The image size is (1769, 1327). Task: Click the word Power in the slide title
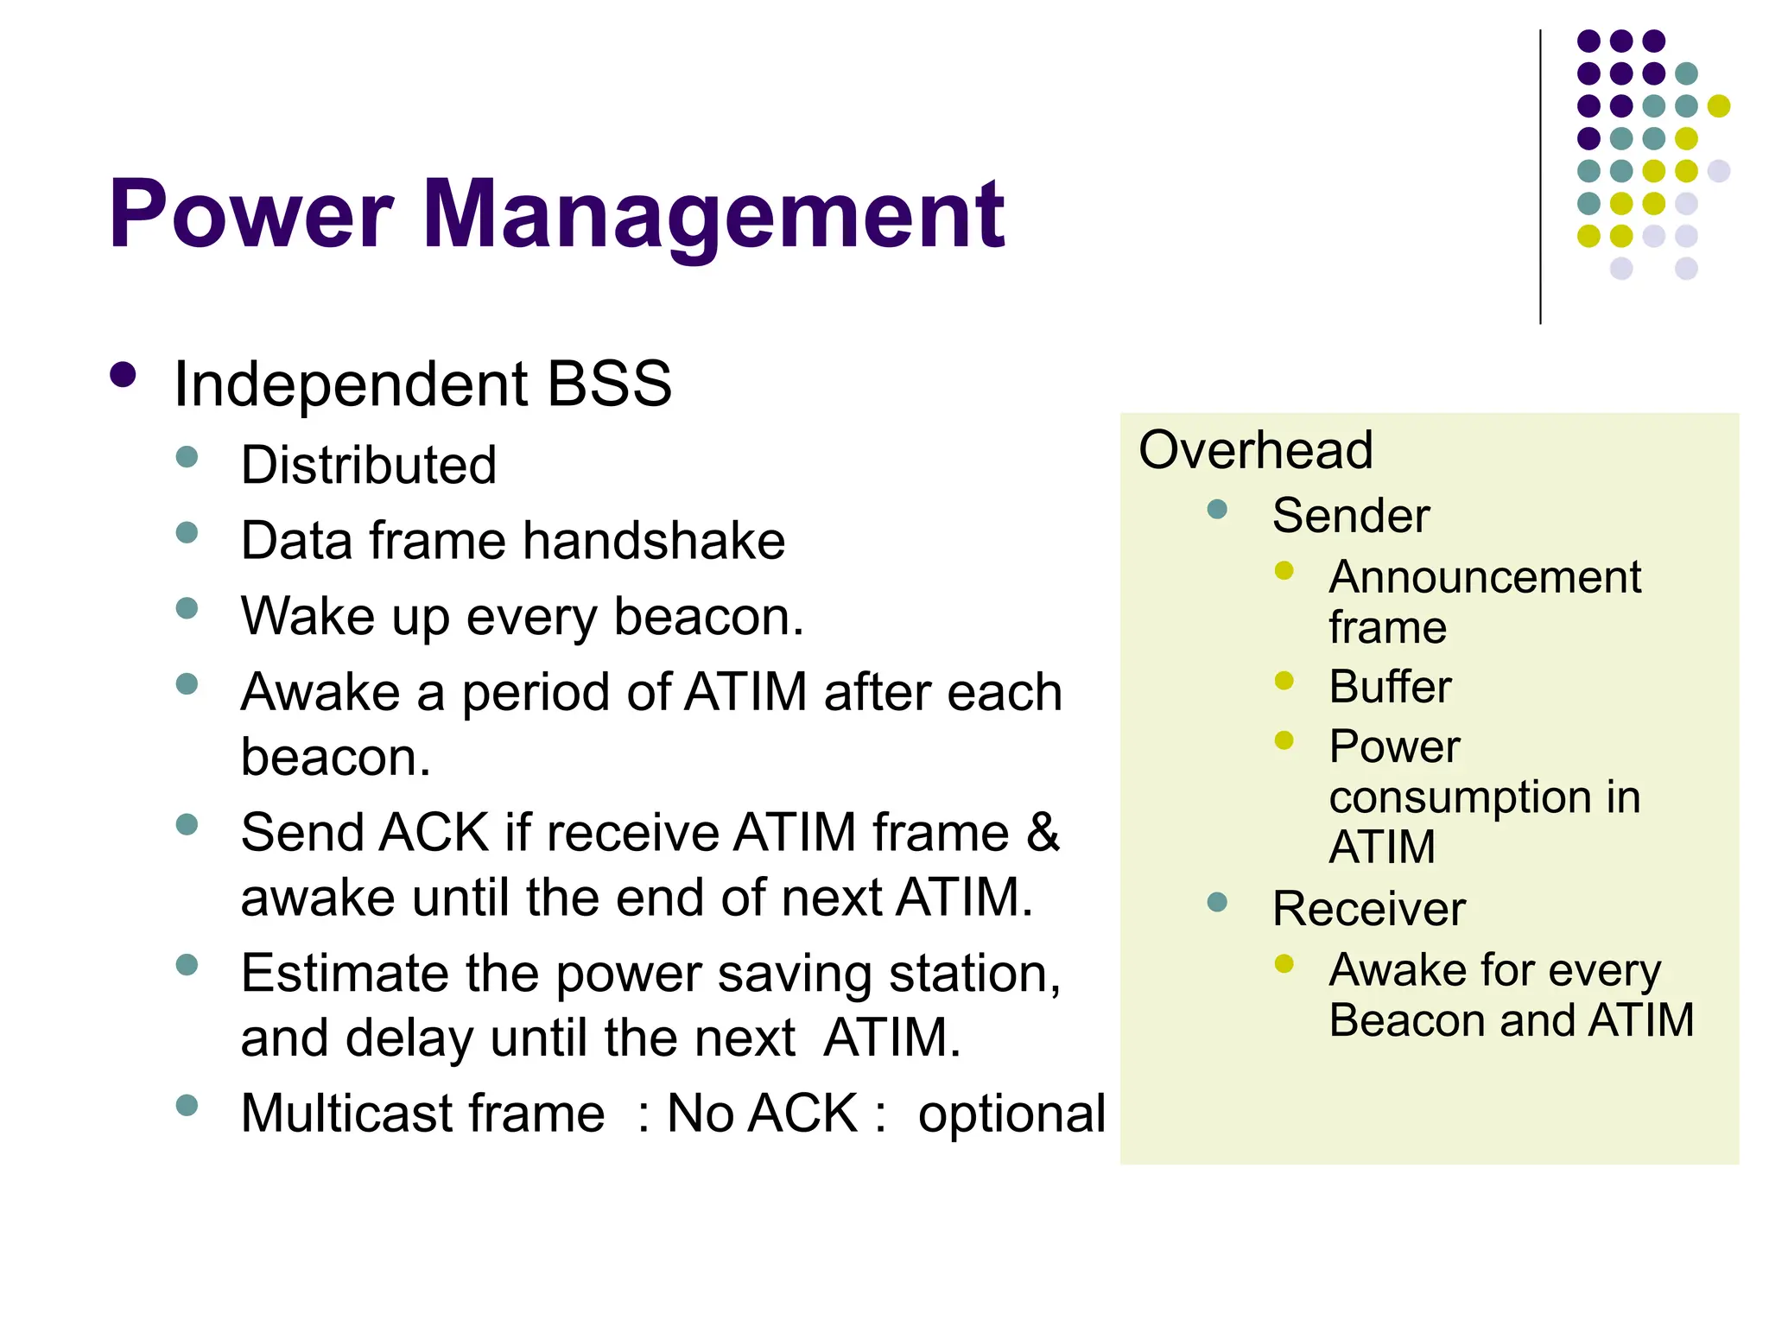coord(250,214)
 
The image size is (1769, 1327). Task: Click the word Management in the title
coord(713,214)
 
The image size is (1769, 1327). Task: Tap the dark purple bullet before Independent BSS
coord(124,375)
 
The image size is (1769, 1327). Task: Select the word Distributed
coord(369,465)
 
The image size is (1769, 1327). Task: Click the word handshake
coord(654,541)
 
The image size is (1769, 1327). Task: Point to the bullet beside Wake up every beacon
coord(187,608)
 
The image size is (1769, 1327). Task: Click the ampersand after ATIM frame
coord(1043,832)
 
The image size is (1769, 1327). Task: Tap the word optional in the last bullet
coord(1011,1114)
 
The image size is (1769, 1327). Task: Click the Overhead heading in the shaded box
coord(1255,450)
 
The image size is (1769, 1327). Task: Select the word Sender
coord(1351,516)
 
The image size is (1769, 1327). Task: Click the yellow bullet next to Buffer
coord(1284,681)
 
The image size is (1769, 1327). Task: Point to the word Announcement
coord(1485,577)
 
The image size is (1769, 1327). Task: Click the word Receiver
coord(1369,909)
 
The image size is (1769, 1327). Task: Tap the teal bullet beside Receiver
coord(1217,902)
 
